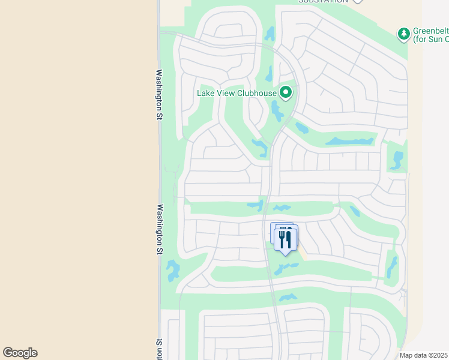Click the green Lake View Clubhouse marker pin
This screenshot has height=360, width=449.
(286, 92)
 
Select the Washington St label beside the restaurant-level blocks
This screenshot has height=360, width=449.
(160, 230)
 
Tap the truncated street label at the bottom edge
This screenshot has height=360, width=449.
(160, 350)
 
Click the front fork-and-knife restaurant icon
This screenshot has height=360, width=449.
(286, 239)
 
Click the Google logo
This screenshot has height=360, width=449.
(20, 353)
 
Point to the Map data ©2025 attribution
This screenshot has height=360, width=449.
(424, 355)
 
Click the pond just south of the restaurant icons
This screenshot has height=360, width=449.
(286, 268)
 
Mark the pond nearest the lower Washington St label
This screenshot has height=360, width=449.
(173, 270)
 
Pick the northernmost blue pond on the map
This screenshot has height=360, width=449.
(270, 34)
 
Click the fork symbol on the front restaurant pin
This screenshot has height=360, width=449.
(282, 238)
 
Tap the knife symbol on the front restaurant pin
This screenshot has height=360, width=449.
(289, 238)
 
